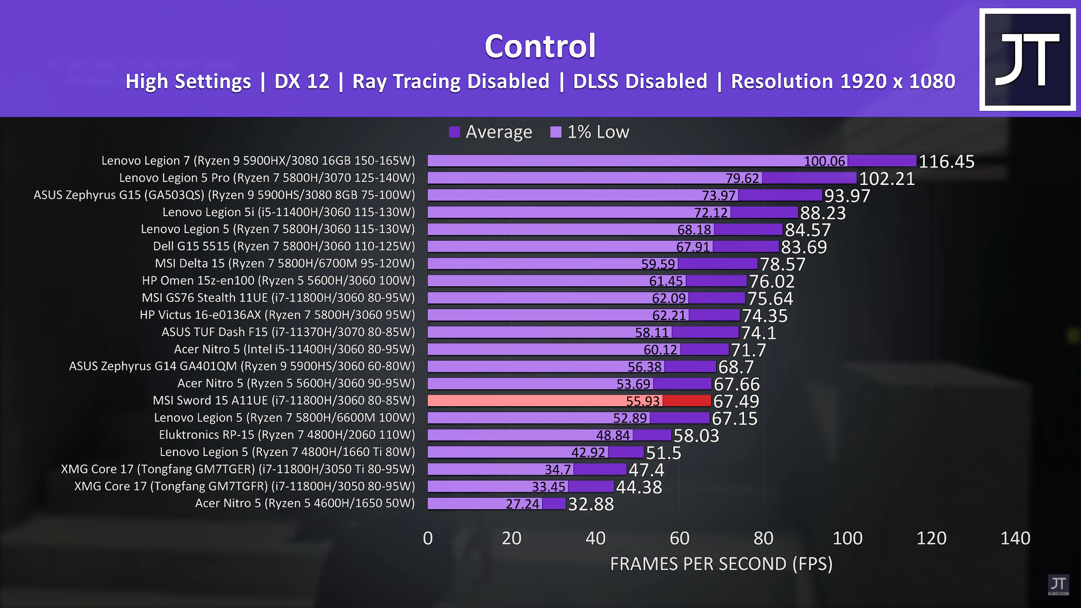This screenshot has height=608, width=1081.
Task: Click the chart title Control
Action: tap(540, 46)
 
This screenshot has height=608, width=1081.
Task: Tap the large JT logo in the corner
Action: tap(1027, 60)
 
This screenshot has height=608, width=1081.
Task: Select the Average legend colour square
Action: tap(454, 132)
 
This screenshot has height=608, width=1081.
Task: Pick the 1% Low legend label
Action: tap(598, 132)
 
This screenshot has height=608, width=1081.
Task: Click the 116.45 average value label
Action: tap(946, 161)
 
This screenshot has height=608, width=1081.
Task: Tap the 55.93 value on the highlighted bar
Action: tap(642, 401)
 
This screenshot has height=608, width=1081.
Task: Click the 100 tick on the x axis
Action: tap(847, 538)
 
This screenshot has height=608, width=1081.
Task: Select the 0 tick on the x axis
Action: tap(428, 538)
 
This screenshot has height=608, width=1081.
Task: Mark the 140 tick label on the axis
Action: tap(1015, 538)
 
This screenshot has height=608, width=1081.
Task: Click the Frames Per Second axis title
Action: tap(721, 564)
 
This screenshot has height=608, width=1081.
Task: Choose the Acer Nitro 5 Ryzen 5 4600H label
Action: tap(305, 503)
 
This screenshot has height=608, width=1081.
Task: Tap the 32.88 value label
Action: tap(591, 504)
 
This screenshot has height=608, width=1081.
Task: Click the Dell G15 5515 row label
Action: tap(284, 246)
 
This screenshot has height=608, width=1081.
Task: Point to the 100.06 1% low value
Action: tap(824, 161)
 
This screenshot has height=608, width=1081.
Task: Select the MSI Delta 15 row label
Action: tap(285, 263)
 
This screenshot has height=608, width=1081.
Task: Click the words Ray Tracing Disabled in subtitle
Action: tap(451, 81)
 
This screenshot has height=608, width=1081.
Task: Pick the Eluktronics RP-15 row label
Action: tap(287, 435)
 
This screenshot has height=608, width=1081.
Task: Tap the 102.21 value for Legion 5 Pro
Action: tap(887, 179)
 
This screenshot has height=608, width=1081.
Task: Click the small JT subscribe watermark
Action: tap(1058, 585)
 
